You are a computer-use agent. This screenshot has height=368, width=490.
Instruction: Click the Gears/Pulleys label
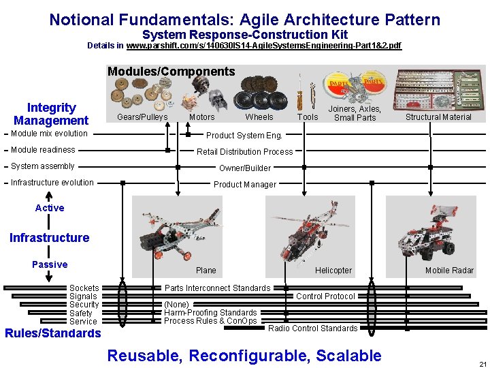click(x=142, y=117)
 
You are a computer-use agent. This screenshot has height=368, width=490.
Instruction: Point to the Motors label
click(x=201, y=117)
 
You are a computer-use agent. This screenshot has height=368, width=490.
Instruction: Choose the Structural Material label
click(x=438, y=117)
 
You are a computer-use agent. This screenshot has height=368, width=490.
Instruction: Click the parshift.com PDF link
click(x=264, y=46)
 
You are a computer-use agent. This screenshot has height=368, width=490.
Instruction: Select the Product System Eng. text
click(x=244, y=135)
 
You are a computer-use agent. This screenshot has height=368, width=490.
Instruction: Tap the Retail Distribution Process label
click(x=245, y=151)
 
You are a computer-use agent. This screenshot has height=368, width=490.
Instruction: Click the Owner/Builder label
click(x=245, y=168)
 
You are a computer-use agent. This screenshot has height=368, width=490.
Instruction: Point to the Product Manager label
click(x=245, y=184)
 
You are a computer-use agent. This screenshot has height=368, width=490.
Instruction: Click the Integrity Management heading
click(x=51, y=114)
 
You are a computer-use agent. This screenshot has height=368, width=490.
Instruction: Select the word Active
click(x=50, y=208)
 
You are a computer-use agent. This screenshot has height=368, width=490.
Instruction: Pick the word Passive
click(x=50, y=264)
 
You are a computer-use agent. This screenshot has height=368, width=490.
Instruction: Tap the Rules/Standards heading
click(x=52, y=333)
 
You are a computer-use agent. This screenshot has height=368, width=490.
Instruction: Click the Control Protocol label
click(x=325, y=296)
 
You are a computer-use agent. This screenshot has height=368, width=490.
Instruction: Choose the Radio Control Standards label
click(x=312, y=328)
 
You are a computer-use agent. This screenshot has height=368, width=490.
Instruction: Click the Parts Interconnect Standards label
click(x=217, y=288)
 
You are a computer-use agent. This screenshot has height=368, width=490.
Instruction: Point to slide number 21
click(x=482, y=363)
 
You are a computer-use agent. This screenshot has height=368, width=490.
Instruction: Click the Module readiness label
click(x=43, y=150)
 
